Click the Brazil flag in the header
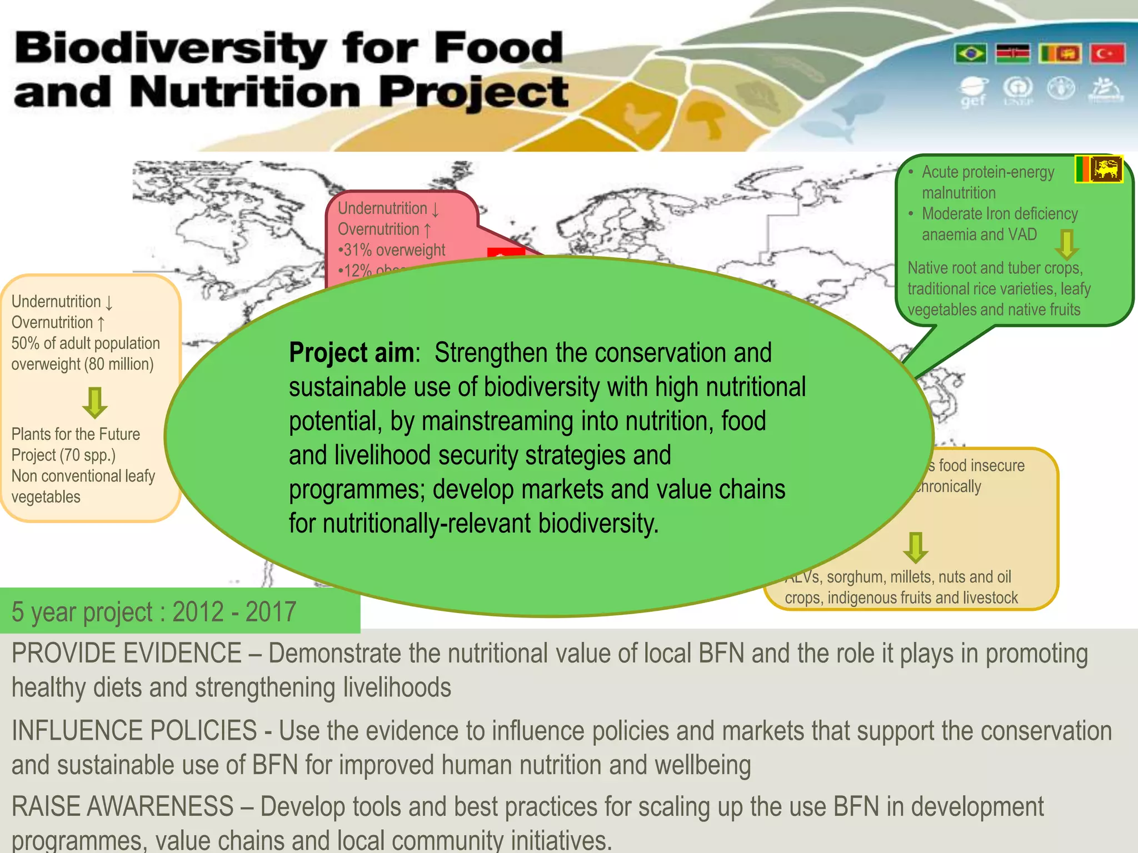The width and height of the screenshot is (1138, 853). [971, 54]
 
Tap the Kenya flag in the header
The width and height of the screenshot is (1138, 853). [1012, 54]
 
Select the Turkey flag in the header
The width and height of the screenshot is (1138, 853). [1107, 54]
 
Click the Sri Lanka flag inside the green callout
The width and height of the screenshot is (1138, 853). [1099, 169]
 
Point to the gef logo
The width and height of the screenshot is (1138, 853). [973, 92]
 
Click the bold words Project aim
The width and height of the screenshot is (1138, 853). [352, 353]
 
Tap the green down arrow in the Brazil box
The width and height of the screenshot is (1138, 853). [95, 402]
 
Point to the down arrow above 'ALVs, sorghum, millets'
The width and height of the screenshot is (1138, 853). [915, 547]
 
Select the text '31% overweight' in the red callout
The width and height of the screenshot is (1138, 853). [394, 250]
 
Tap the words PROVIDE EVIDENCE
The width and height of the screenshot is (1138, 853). [126, 654]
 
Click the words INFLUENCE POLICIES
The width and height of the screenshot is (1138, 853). [134, 731]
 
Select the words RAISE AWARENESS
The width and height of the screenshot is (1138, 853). [122, 807]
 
